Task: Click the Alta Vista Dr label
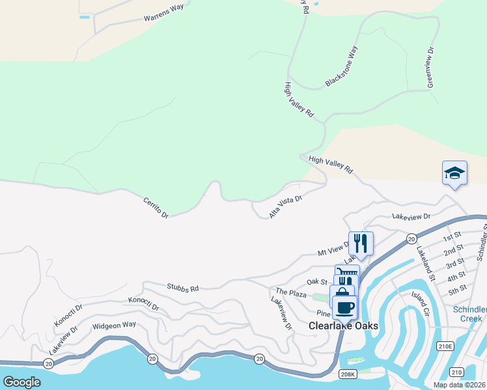(x=286, y=207)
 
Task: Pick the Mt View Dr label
(x=333, y=248)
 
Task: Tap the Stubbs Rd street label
(x=182, y=287)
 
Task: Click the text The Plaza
(x=291, y=293)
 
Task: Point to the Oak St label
(x=316, y=281)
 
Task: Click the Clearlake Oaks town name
(x=343, y=326)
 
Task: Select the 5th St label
(x=458, y=288)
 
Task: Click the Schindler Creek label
(x=471, y=314)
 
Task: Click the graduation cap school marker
(x=454, y=173)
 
